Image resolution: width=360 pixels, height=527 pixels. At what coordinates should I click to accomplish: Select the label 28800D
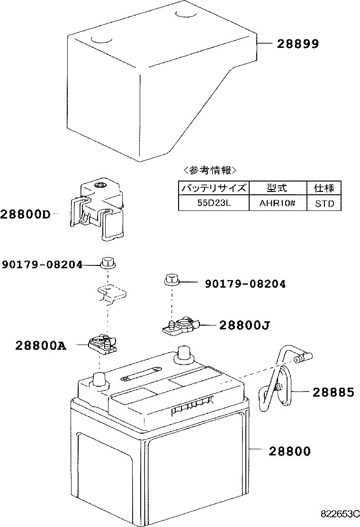coord(25,214)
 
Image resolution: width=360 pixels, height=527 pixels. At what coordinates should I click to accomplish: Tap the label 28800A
coord(41,346)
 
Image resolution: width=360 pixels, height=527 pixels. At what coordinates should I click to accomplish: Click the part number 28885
coord(333,392)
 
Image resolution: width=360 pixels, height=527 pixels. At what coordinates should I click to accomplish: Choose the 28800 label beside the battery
coord(290,451)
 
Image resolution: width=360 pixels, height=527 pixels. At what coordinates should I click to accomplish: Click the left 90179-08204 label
coord(42,264)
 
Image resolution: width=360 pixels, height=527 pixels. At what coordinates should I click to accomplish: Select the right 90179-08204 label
coord(245,284)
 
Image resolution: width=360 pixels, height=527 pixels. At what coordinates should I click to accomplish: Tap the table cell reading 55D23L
coord(213,203)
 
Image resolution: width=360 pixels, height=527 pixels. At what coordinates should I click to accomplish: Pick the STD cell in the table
coord(324,203)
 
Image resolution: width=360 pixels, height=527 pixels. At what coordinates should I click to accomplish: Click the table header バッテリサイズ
coord(213,188)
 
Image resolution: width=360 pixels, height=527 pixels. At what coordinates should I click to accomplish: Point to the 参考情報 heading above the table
coord(209,170)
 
